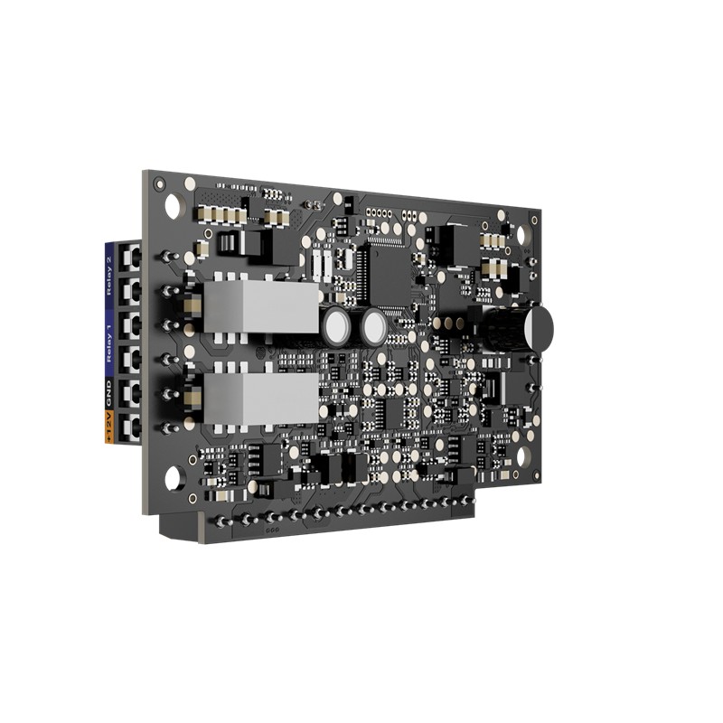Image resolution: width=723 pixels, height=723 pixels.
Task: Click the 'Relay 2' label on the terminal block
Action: [x=108, y=276]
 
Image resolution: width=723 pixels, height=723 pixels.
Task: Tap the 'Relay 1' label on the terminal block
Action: [x=108, y=343]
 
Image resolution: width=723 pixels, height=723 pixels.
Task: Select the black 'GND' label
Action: [x=108, y=394]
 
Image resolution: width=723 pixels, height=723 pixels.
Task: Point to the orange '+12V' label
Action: [x=108, y=427]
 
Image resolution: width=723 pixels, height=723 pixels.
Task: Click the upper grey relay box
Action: [x=261, y=306]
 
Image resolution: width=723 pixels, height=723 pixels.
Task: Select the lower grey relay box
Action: [x=261, y=399]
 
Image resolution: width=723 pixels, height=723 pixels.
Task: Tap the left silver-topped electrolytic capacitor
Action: [x=337, y=327]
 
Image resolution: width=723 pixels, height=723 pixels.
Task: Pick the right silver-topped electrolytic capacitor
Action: [x=373, y=327]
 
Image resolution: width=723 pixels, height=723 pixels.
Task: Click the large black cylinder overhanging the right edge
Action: [x=516, y=325]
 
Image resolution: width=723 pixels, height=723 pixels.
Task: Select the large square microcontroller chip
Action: [x=390, y=276]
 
